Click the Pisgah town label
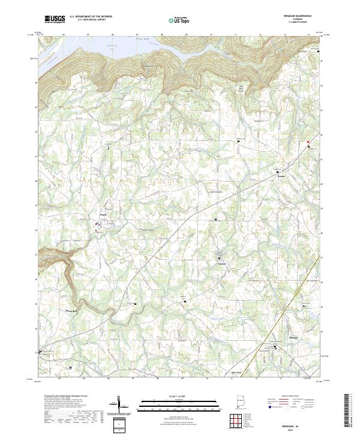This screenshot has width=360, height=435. (x=102, y=212)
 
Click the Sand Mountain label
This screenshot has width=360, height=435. (x=215, y=192)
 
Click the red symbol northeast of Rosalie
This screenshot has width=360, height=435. (x=308, y=142)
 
